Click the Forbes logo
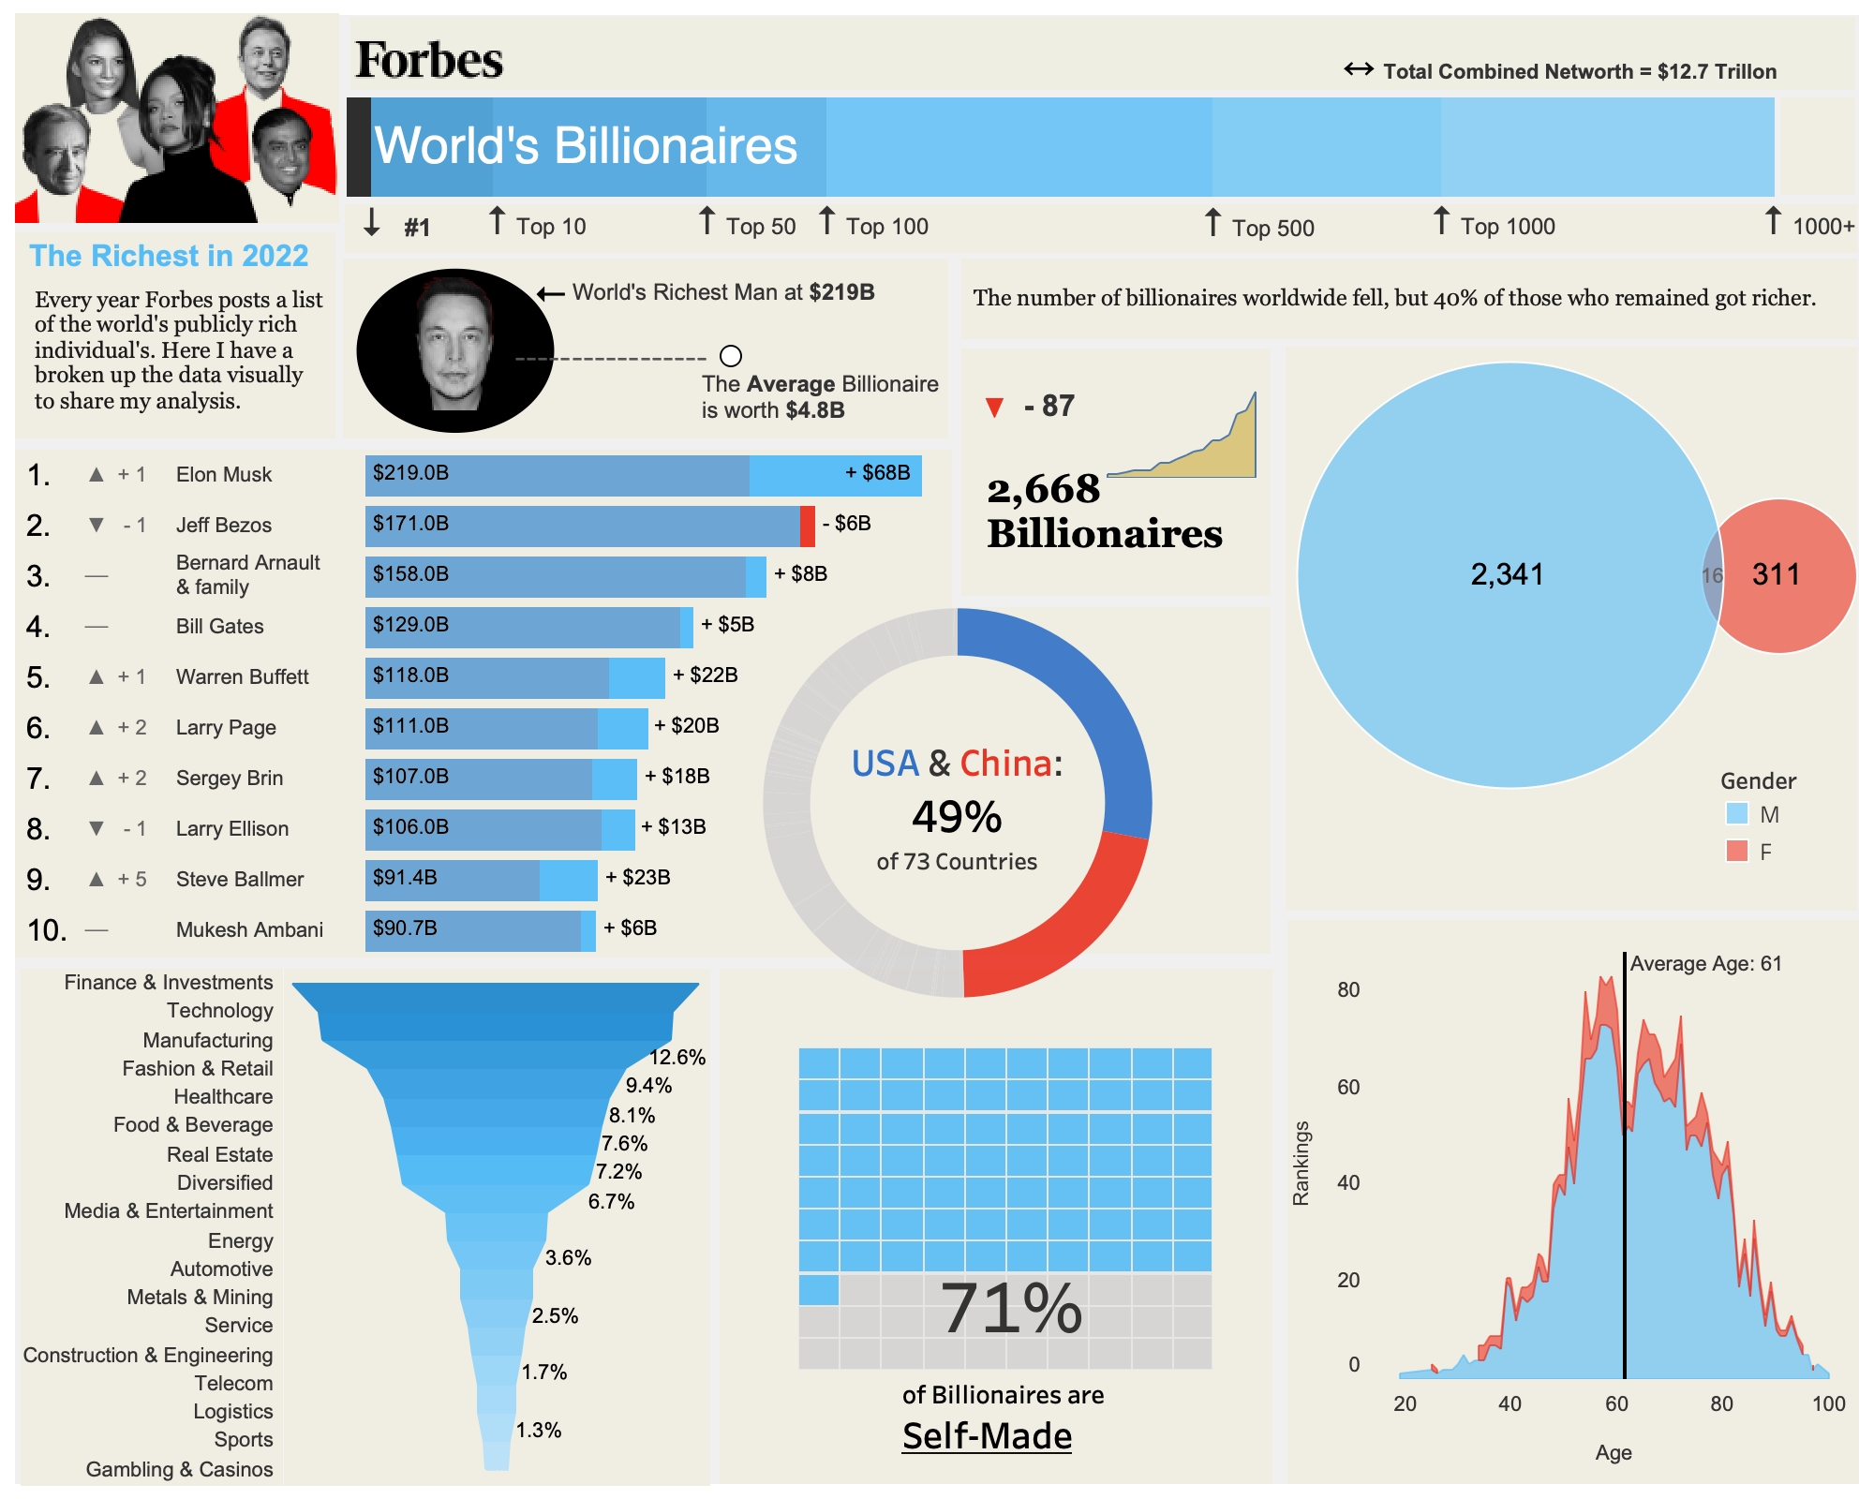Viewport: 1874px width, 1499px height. (429, 60)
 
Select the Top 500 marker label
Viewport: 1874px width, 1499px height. (1272, 228)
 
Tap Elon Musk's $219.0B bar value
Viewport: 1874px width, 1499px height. (410, 473)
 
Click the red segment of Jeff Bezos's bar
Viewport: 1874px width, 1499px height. (807, 526)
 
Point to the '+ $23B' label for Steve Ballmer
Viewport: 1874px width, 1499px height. (637, 878)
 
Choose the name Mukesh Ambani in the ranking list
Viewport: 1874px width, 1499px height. (249, 929)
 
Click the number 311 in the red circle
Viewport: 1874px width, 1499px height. (1776, 574)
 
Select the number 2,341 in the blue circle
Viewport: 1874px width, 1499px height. (1507, 574)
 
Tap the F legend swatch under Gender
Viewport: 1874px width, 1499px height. (1736, 851)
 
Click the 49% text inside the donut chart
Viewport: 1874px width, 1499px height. (957, 817)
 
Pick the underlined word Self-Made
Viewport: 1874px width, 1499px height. (987, 1436)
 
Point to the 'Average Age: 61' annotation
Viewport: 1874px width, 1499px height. (1705, 963)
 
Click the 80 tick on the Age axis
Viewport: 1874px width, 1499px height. (1721, 1403)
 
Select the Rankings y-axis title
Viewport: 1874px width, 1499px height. (1301, 1163)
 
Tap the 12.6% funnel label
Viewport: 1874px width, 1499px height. (677, 1057)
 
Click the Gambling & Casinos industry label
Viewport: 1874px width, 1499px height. (179, 1469)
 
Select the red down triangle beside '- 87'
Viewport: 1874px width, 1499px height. (995, 408)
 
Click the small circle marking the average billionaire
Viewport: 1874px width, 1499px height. (731, 356)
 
